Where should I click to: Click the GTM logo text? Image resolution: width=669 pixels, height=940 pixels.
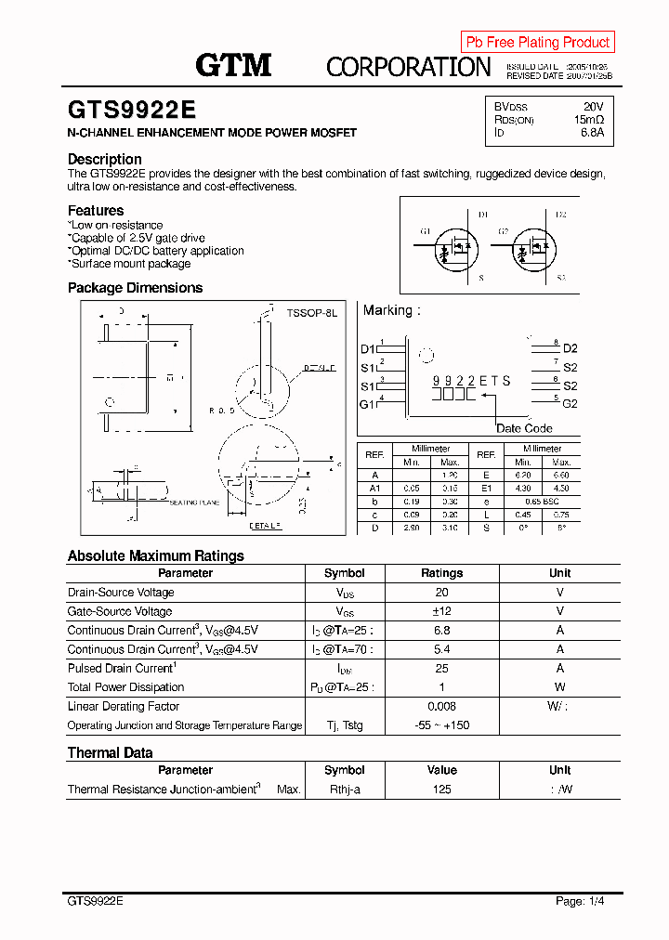coord(233,65)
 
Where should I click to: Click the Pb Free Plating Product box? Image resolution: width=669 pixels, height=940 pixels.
coord(538,42)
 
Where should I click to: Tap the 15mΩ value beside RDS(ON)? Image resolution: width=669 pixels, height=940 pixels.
coord(588,120)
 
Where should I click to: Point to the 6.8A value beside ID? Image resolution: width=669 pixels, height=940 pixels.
coord(591,133)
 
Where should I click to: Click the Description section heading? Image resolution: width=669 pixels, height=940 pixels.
coord(105,159)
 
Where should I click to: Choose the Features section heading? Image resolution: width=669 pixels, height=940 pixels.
coord(96,211)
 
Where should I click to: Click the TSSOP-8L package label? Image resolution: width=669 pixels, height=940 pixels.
coord(311,314)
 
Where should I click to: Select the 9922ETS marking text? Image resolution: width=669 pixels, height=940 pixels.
coord(471,381)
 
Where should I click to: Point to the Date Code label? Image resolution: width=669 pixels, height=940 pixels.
coord(524,428)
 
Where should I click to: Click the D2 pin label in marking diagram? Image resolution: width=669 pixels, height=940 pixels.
coord(570,348)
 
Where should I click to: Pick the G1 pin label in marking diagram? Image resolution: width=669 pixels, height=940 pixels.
coord(368,404)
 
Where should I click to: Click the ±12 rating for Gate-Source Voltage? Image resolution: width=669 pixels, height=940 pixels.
coord(441,611)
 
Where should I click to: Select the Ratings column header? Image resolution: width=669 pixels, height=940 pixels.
coord(441,573)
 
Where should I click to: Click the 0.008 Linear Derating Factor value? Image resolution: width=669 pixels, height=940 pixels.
coord(441,707)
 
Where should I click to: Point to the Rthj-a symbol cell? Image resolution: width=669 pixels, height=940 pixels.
coord(344,790)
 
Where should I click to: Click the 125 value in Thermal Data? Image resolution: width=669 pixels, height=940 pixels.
coord(441,790)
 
